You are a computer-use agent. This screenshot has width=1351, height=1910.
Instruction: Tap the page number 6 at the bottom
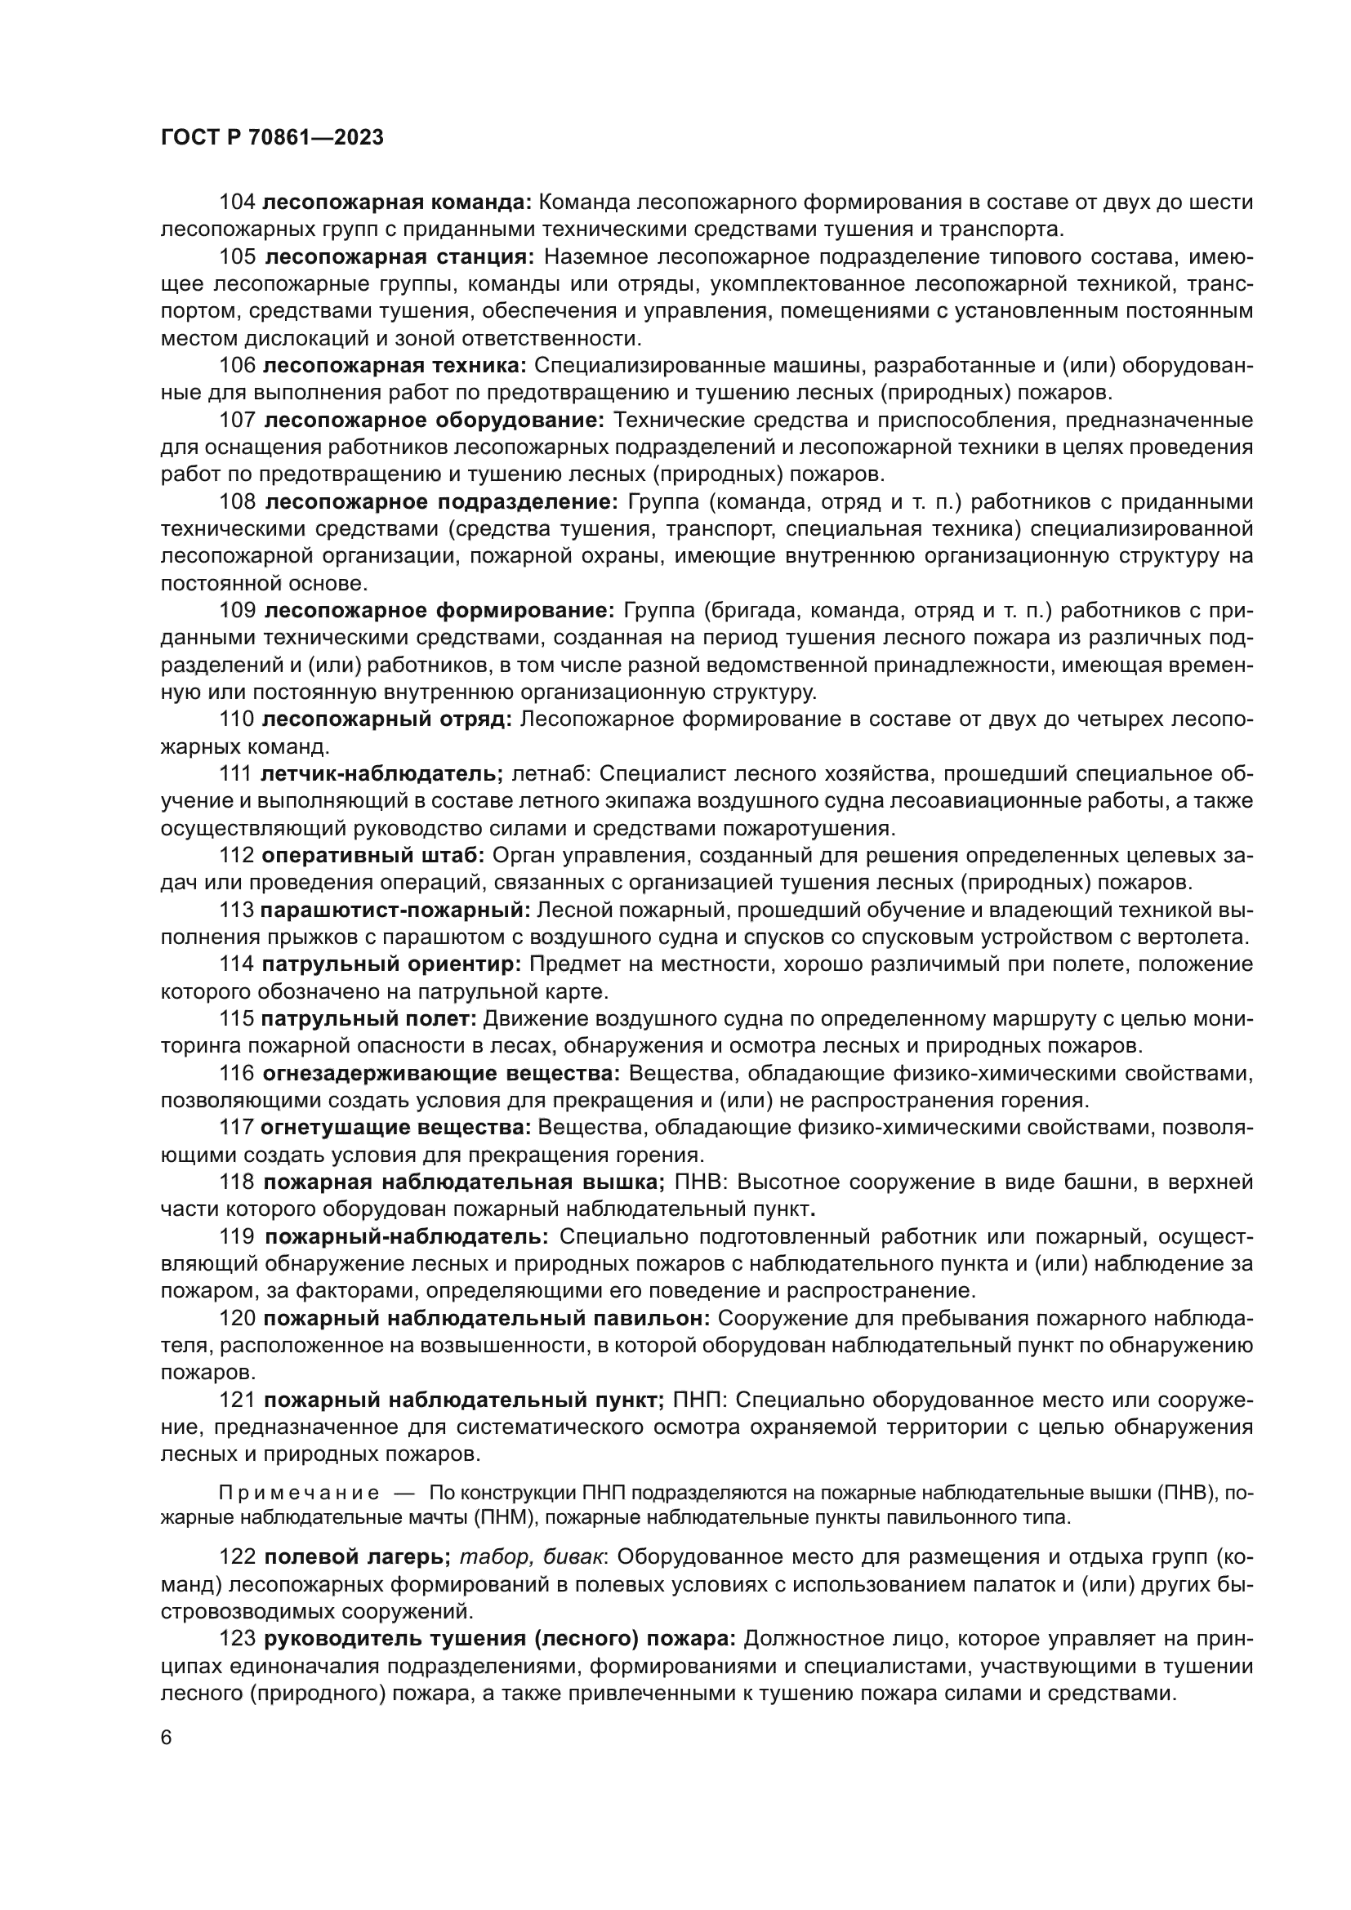point(167,1738)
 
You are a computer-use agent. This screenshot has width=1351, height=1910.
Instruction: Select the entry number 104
point(237,203)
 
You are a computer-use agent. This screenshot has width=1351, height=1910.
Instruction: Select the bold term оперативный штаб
point(372,856)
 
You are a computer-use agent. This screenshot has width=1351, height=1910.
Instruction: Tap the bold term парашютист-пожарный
point(395,910)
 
